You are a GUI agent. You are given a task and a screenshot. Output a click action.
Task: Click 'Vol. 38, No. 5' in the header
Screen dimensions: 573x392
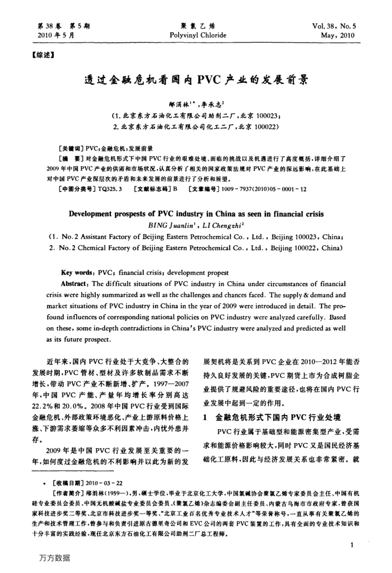337,26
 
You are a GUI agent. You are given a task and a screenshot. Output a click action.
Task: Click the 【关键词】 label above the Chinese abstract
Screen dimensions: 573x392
71,149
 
